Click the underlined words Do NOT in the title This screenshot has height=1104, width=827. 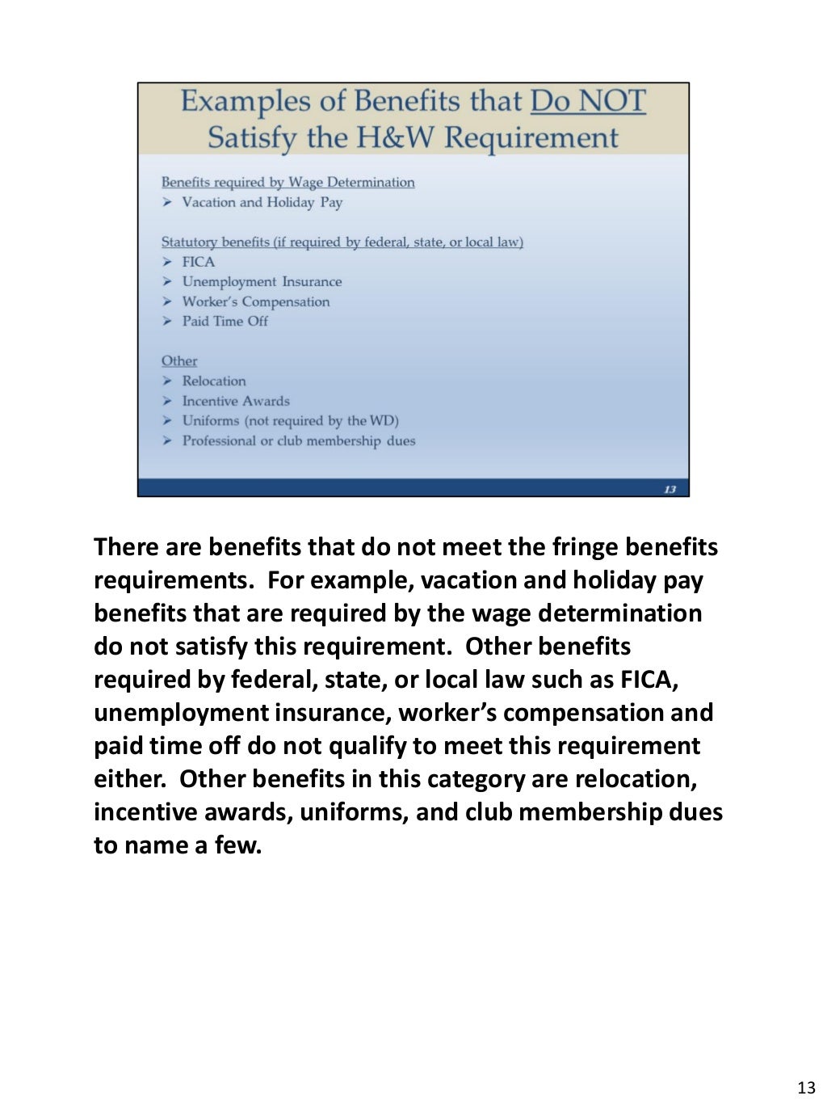click(588, 102)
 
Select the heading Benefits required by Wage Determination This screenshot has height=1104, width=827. click(288, 183)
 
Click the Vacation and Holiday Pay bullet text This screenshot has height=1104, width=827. click(262, 203)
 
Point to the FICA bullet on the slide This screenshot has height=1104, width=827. click(198, 262)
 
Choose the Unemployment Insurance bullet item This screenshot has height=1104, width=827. click(262, 282)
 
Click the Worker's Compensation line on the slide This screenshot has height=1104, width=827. click(255, 302)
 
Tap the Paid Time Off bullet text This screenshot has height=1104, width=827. click(225, 322)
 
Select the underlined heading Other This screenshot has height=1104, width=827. click(179, 361)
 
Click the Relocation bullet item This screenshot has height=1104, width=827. click(213, 381)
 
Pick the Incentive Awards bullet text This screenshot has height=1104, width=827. click(235, 402)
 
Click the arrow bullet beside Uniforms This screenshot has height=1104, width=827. click(167, 421)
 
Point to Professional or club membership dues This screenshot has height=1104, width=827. click(298, 441)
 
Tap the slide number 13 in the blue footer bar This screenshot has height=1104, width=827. click(670, 489)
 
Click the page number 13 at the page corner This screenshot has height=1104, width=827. click(806, 1088)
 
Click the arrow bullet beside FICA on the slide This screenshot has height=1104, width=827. click(167, 262)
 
